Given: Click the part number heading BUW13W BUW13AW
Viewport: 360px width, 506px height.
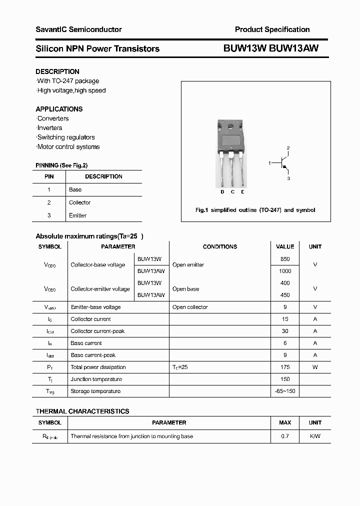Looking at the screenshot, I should tap(270, 48).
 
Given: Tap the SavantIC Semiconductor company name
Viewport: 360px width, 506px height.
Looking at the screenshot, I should tap(78, 29).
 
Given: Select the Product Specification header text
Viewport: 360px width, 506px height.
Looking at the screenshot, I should tap(272, 29).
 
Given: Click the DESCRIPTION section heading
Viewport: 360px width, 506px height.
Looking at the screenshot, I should tap(57, 71).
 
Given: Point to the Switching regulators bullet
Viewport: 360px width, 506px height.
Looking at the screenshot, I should tap(66, 137).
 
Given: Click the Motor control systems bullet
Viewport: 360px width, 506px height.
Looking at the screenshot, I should tap(68, 146).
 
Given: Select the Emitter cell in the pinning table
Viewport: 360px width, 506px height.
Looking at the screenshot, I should tap(77, 215).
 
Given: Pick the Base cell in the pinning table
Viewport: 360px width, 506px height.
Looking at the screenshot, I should tap(75, 189).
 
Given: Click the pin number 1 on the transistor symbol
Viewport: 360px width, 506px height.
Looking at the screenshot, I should tap(269, 163).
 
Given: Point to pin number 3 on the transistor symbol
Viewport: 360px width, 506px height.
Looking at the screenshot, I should tap(288, 178).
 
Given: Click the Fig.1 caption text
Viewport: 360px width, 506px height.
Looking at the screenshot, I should tap(255, 210).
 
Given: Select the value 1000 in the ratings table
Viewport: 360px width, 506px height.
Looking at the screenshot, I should tap(285, 271).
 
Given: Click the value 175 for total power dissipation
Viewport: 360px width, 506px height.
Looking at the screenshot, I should tap(285, 367).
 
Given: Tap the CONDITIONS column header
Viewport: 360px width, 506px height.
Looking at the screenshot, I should tap(219, 246).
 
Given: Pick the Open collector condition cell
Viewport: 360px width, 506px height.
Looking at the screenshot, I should tap(190, 307).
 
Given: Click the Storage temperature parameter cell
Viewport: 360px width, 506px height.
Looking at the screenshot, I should tap(95, 391).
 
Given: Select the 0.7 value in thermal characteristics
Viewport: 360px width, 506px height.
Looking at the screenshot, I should tap(285, 436).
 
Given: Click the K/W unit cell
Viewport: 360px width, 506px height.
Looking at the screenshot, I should tap(315, 436).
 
